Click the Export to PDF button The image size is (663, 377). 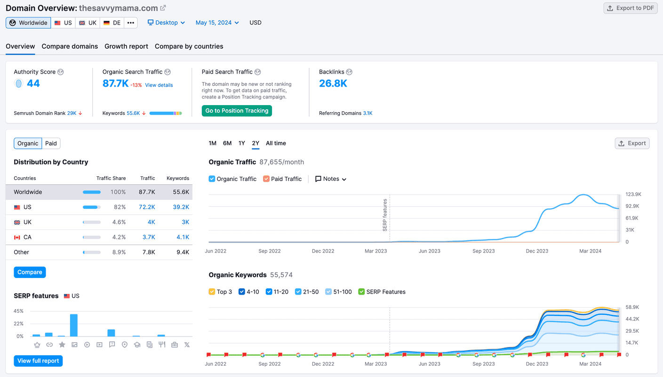point(631,8)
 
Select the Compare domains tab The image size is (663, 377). point(70,46)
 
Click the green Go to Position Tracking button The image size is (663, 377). point(237,111)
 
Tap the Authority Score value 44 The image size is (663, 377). point(33,83)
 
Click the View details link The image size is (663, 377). point(159,85)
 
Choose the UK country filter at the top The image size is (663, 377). point(88,23)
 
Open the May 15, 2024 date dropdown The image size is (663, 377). point(217,23)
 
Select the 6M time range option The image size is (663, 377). point(227,143)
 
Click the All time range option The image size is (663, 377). point(276,143)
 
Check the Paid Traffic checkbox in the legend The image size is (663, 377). point(266,179)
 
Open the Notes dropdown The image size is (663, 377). point(331,179)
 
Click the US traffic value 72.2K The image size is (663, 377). point(147,207)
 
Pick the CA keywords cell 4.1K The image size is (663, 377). point(183,237)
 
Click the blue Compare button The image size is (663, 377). point(30,272)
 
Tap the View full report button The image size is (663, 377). point(38,361)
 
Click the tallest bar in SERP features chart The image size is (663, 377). point(74,325)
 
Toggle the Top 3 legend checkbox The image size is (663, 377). point(212,292)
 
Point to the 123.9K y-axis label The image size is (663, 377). point(633,194)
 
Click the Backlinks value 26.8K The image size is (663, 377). point(333,83)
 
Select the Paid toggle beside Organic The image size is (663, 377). point(51,144)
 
